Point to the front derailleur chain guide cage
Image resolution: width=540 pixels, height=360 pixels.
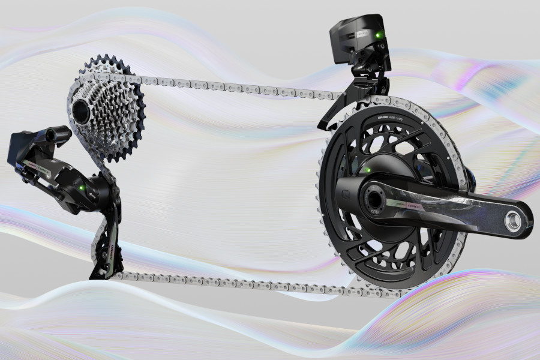[336, 114]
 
